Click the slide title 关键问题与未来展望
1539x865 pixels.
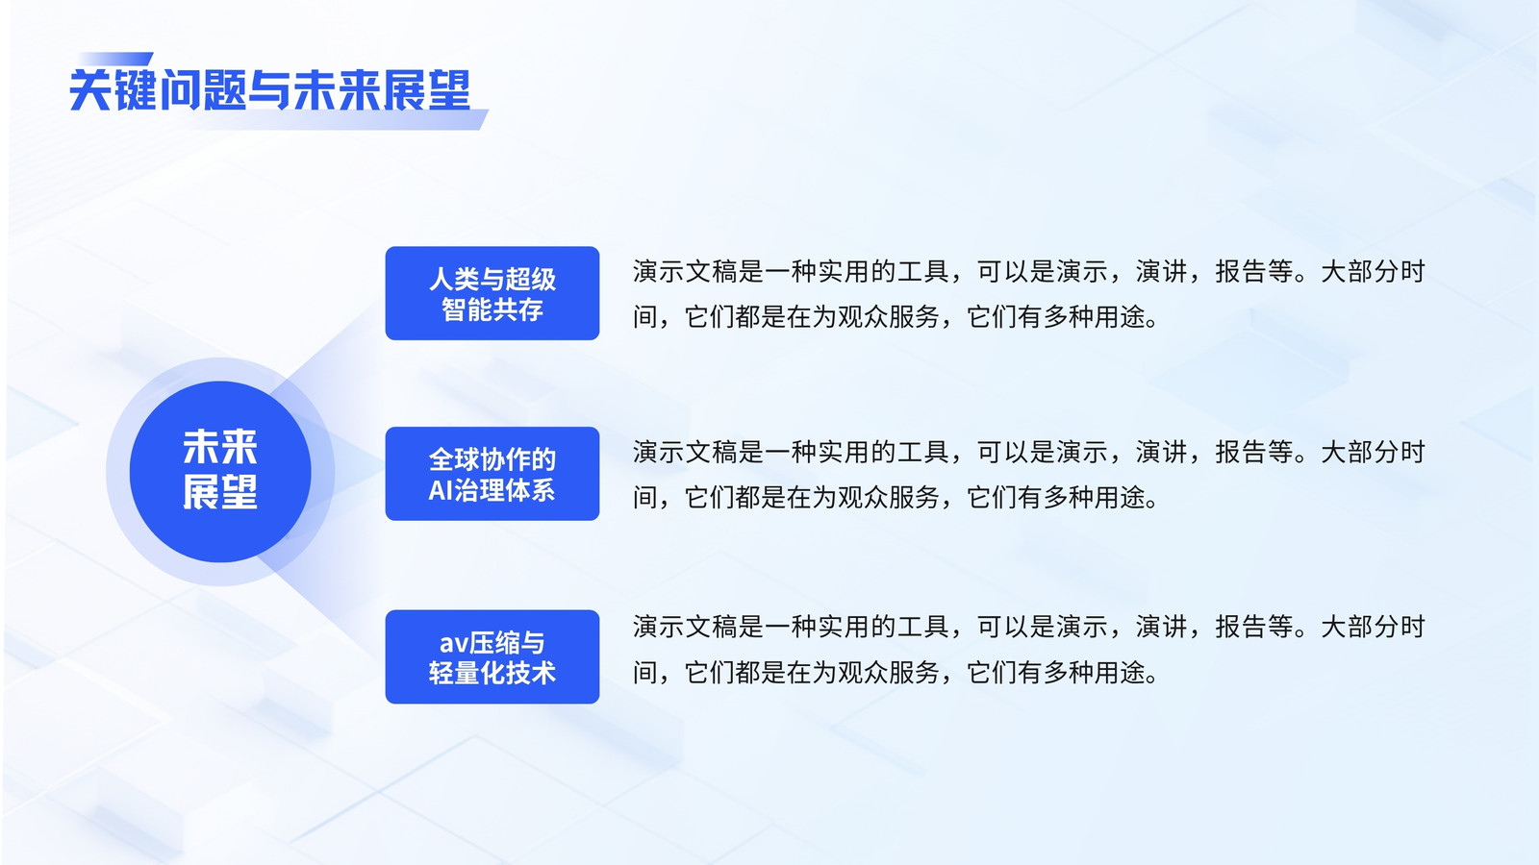[270, 90]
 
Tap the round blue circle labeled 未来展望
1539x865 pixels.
[220, 472]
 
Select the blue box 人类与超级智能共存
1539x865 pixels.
[492, 293]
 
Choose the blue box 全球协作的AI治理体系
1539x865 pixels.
[492, 474]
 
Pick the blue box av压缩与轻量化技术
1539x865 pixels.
[492, 657]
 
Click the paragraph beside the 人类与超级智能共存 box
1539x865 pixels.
[1028, 294]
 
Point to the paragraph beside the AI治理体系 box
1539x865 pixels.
[1028, 475]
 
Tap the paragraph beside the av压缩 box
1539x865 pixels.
[1028, 650]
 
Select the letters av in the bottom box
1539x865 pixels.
[454, 644]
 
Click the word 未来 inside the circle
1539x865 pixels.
[220, 448]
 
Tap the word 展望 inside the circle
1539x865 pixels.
[220, 491]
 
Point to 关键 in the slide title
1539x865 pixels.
[113, 90]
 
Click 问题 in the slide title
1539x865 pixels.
[203, 90]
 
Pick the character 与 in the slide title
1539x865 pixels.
[269, 90]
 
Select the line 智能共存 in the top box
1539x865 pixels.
[492, 309]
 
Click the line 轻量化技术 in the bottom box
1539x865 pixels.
[492, 673]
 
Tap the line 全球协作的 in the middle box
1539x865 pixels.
[492, 458]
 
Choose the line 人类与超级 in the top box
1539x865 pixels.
[492, 279]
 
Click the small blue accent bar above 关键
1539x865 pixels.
[115, 59]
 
